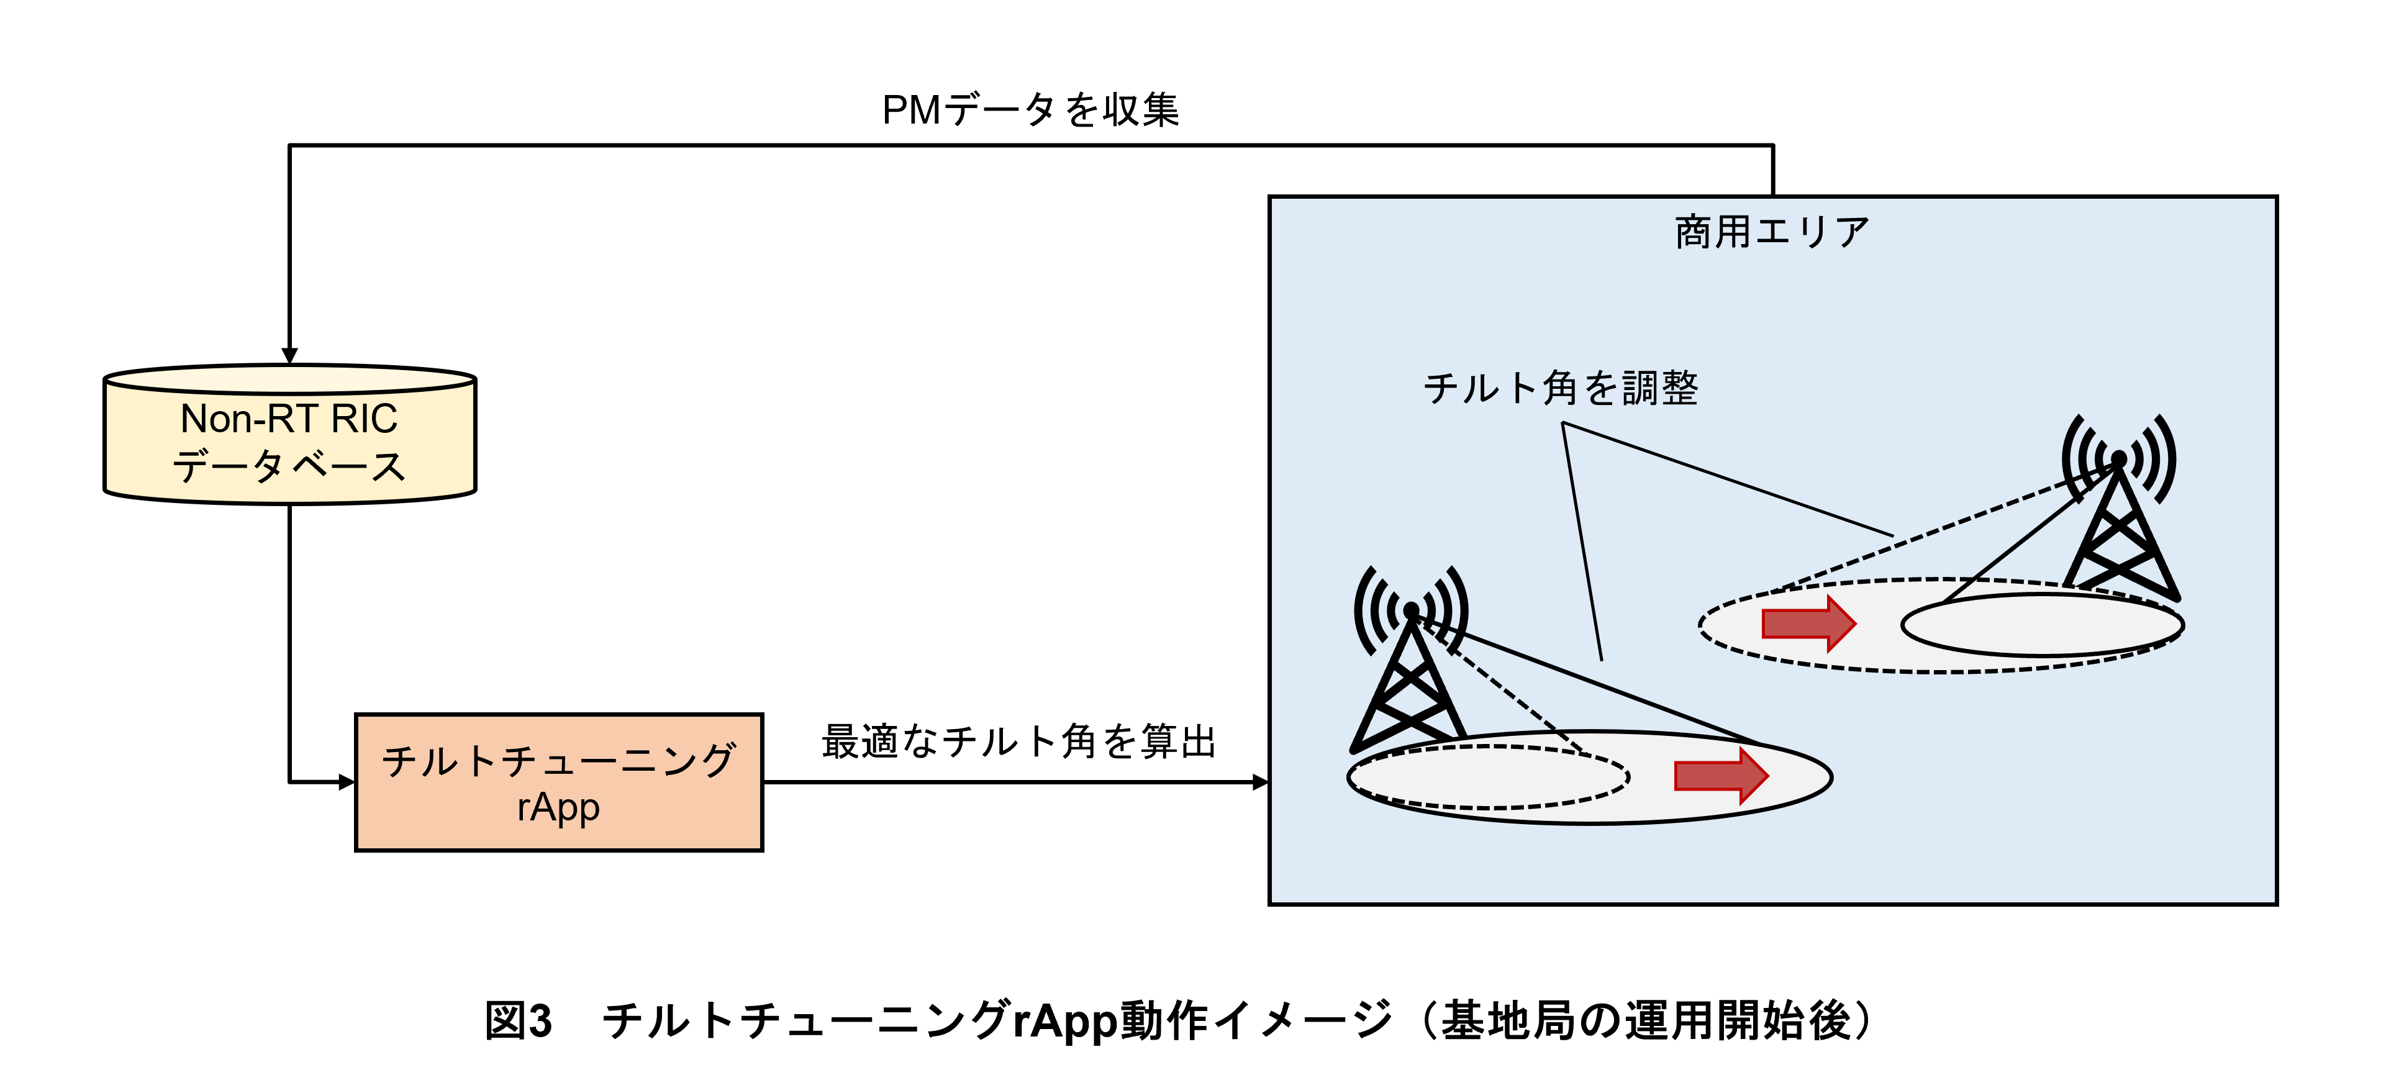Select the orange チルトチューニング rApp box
[558, 782]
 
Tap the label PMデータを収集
[1031, 110]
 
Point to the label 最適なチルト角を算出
[1018, 742]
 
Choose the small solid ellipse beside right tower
[2042, 625]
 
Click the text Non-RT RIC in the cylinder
[289, 419]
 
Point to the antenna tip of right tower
[2118, 458]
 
